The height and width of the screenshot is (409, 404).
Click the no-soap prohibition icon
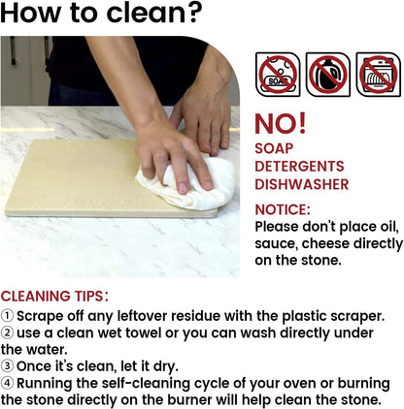(x=278, y=75)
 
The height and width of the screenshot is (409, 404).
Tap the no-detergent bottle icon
(x=328, y=75)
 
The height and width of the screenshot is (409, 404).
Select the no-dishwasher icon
(x=379, y=75)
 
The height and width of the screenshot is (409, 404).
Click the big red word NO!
(x=281, y=124)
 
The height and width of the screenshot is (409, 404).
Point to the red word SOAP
(x=274, y=148)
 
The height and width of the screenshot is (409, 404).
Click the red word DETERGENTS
(x=299, y=167)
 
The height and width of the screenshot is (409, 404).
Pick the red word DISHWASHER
(x=302, y=184)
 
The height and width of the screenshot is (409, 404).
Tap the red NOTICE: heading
(x=283, y=209)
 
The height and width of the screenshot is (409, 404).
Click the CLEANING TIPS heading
(x=54, y=297)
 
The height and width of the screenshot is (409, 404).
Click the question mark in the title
(x=191, y=13)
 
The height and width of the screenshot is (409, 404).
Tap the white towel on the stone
(x=187, y=182)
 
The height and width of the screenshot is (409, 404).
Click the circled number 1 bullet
(x=7, y=316)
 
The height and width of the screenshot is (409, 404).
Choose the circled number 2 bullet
(x=7, y=332)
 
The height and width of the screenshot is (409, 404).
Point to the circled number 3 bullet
(x=7, y=366)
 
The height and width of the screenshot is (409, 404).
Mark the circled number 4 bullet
(x=7, y=383)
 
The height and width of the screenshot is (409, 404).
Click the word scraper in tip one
(x=357, y=317)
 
